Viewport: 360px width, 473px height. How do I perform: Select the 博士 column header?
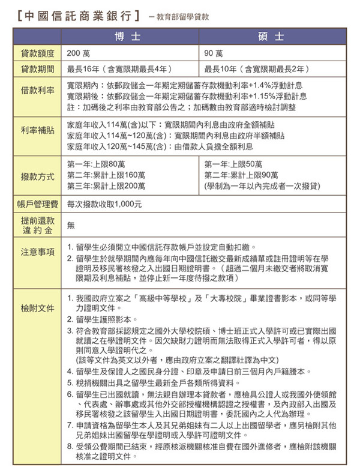pyautogui.click(x=130, y=37)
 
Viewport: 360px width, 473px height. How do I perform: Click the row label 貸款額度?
pyautogui.click(x=37, y=53)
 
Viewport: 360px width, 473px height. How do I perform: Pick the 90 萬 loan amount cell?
pyautogui.click(x=214, y=53)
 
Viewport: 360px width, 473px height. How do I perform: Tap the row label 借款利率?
pyautogui.click(x=37, y=91)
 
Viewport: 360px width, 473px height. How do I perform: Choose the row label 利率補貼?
pyautogui.click(x=37, y=130)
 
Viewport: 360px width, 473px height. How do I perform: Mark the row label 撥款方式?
pyautogui.click(x=37, y=176)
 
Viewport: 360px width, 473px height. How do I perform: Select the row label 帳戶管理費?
pyautogui.click(x=37, y=203)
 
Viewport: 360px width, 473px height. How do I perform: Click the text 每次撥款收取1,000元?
pyautogui.click(x=105, y=203)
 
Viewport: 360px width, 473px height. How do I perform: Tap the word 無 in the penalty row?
pyautogui.click(x=71, y=225)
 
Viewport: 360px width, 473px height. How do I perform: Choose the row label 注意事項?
pyautogui.click(x=37, y=252)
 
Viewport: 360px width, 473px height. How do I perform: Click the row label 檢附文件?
pyautogui.click(x=37, y=309)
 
